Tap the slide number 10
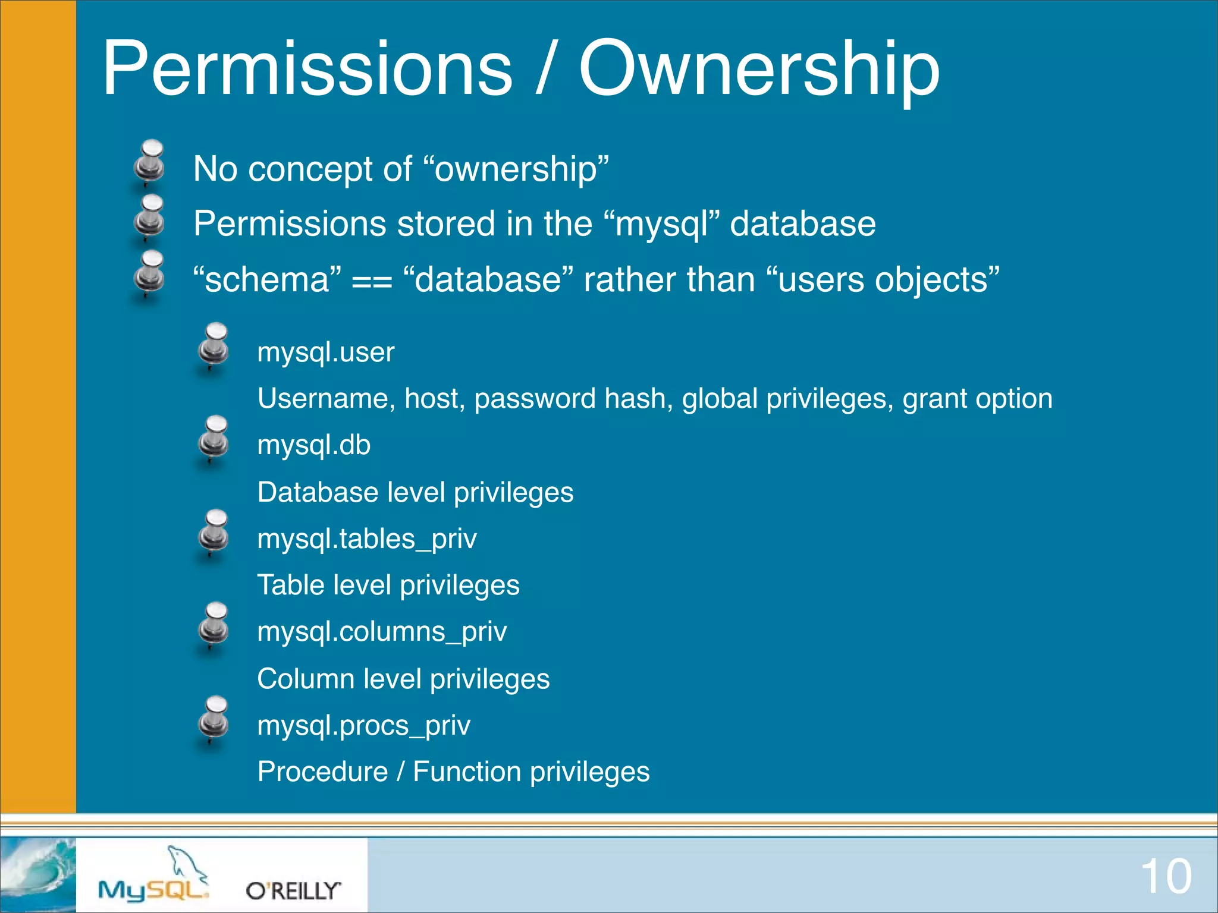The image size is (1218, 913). tap(1166, 876)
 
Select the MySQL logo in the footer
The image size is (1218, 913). tap(153, 877)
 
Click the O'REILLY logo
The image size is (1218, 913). tap(293, 890)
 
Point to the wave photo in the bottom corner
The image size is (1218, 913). tap(37, 874)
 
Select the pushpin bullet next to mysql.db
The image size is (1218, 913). tap(214, 439)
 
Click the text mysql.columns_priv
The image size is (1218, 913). tap(382, 632)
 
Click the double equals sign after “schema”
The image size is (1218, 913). tap(372, 281)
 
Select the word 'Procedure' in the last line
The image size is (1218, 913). tap(322, 772)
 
